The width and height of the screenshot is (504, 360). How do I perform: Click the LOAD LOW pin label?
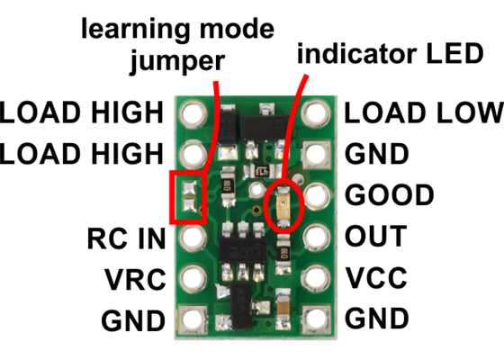pyautogui.click(x=424, y=112)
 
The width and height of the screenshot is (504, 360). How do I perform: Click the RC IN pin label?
pyautogui.click(x=127, y=238)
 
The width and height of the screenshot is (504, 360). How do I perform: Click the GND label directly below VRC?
pyautogui.click(x=133, y=319)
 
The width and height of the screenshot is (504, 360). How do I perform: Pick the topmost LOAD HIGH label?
pyautogui.click(x=82, y=112)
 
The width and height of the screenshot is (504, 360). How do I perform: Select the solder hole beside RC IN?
pyautogui.click(x=191, y=238)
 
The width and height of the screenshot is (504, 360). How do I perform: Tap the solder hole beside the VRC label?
pyautogui.click(x=191, y=278)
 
